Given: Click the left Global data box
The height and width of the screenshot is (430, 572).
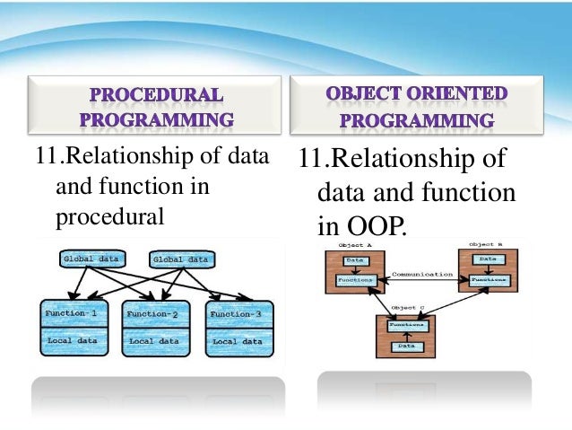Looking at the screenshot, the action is [x=90, y=259].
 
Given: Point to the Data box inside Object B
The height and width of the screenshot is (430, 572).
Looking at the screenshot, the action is [x=488, y=259].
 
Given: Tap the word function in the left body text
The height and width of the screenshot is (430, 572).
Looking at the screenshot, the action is [x=145, y=189].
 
